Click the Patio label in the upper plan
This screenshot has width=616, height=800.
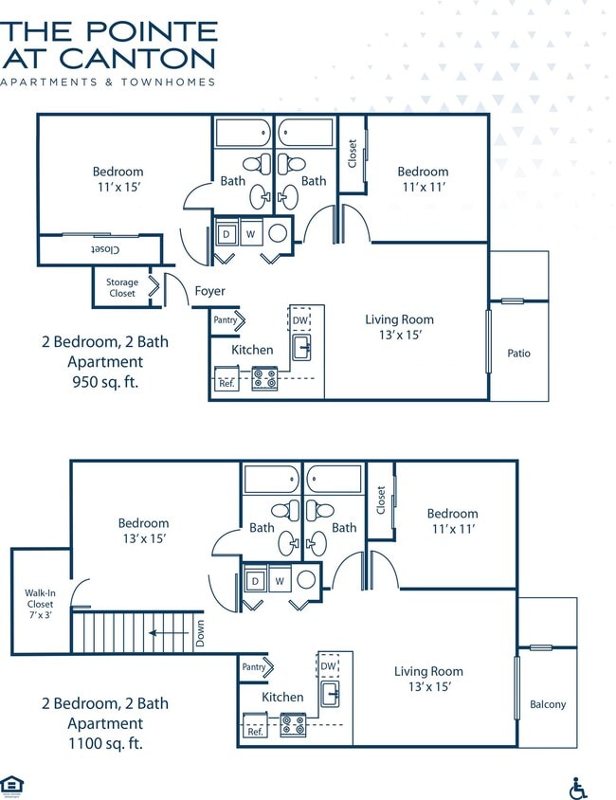click(518, 354)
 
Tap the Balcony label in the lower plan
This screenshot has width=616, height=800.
click(548, 704)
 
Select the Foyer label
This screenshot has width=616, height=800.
click(209, 291)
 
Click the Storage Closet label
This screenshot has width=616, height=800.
click(121, 288)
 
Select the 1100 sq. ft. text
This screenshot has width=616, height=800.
click(105, 743)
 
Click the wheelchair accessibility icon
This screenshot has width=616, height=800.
click(577, 788)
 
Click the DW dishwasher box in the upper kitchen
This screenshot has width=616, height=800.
click(300, 320)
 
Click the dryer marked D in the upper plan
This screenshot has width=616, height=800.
click(226, 232)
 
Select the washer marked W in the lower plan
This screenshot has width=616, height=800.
click(280, 580)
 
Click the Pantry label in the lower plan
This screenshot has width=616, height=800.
click(254, 667)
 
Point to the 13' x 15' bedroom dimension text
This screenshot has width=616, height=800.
click(144, 538)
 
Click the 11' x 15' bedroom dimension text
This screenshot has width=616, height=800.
click(118, 188)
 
